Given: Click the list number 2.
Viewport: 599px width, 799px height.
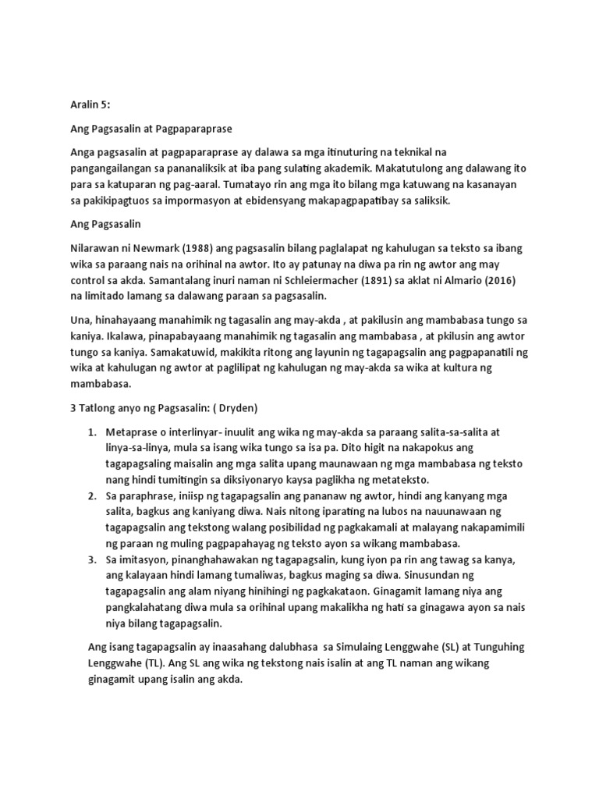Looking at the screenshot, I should click(x=92, y=495).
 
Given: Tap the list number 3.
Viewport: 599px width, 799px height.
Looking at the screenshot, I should click(x=92, y=560).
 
